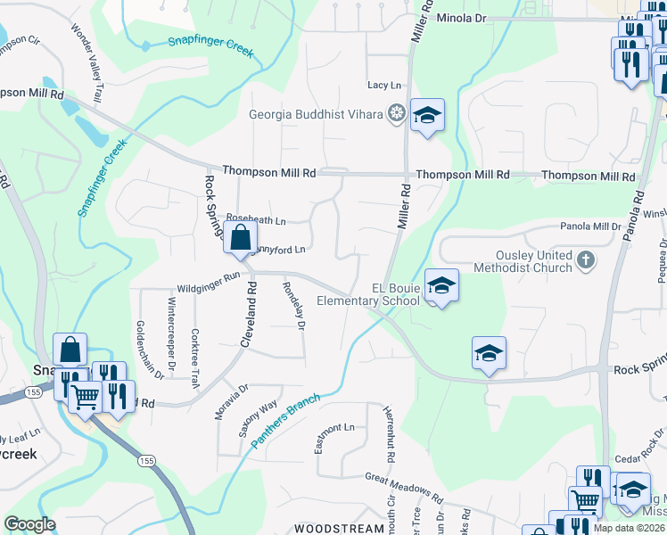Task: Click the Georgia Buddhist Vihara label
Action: click(x=316, y=114)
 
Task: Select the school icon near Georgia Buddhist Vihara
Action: click(x=428, y=115)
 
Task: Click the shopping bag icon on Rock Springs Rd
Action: click(x=241, y=238)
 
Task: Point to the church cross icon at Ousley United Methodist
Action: click(x=585, y=260)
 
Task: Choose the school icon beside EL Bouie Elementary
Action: click(x=441, y=286)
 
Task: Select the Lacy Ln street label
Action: click(x=384, y=85)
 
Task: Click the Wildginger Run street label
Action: click(x=209, y=277)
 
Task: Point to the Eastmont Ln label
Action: click(x=334, y=427)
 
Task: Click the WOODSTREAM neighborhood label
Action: click(x=339, y=529)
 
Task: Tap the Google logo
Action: click(x=29, y=525)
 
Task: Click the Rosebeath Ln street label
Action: click(x=256, y=219)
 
